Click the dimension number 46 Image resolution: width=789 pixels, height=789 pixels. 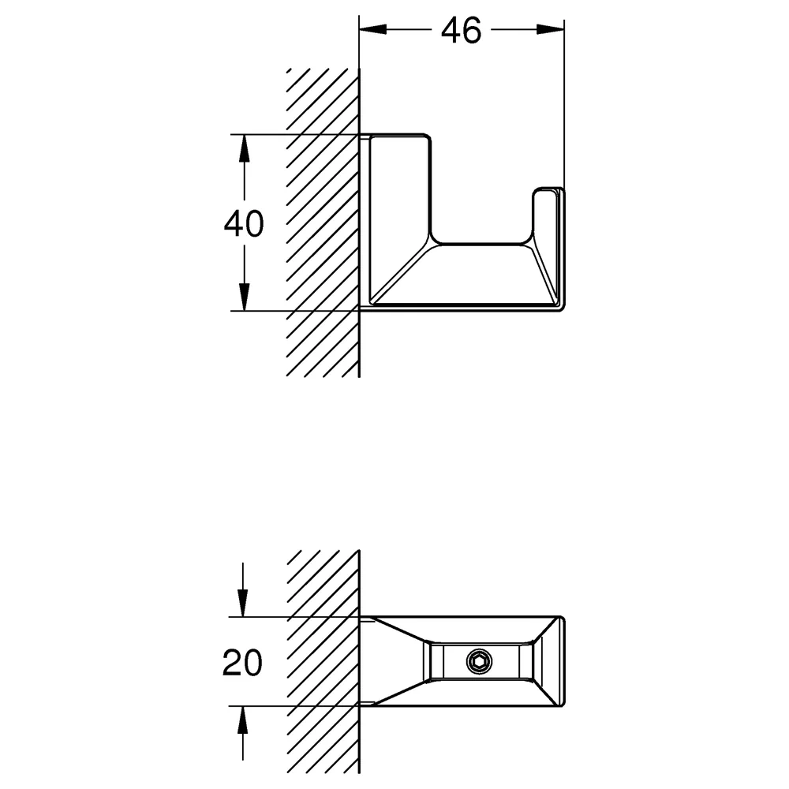point(461,31)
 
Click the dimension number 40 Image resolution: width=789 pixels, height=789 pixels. point(244,224)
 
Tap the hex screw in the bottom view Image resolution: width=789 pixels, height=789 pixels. point(479,661)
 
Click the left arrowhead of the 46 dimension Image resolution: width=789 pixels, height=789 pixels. point(373,30)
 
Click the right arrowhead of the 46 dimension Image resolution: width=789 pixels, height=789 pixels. point(550,30)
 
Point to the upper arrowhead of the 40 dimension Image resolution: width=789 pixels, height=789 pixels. point(244,148)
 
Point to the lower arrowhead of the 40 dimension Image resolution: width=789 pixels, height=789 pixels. point(244,297)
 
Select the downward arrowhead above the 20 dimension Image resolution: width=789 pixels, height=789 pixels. point(242,603)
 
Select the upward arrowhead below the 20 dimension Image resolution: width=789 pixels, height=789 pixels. point(242,720)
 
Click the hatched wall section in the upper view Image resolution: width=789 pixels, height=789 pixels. point(323,222)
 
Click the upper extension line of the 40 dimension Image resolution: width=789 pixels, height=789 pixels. point(294,134)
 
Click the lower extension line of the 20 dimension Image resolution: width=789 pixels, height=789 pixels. point(294,706)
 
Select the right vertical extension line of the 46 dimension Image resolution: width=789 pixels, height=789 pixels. point(564,104)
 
